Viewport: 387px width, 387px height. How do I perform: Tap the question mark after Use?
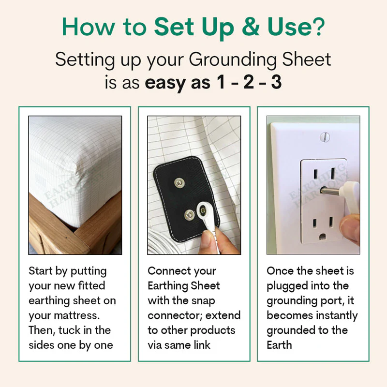click(319, 27)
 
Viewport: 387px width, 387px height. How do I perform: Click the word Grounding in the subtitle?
click(233, 60)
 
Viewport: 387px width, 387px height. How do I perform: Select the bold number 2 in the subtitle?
click(249, 82)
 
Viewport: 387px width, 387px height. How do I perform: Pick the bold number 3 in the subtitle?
click(276, 82)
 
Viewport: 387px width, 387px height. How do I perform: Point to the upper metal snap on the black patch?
click(179, 183)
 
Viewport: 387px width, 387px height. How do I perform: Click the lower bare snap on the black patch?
click(189, 215)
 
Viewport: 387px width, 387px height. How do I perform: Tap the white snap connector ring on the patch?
click(203, 210)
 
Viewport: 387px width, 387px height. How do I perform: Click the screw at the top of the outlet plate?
click(325, 137)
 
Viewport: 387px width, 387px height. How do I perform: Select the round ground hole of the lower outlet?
click(322, 237)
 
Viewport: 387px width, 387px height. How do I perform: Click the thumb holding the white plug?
click(349, 228)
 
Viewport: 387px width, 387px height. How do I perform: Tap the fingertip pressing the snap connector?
click(207, 239)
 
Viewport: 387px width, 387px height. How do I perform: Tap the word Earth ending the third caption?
click(279, 345)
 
